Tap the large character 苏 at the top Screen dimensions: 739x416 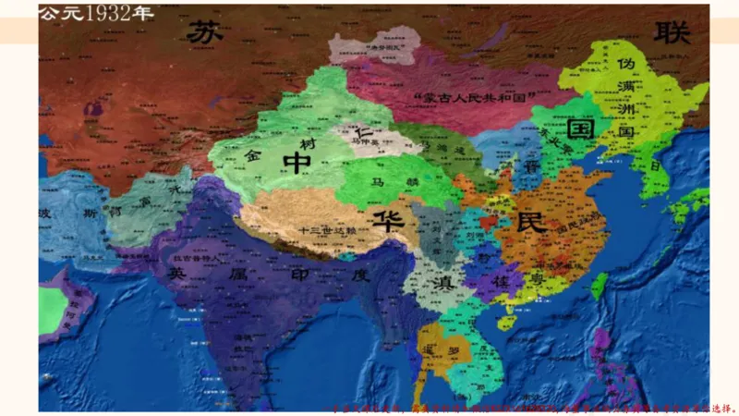206,32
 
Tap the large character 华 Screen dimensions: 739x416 382,219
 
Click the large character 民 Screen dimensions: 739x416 532,222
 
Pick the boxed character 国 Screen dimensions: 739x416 581,128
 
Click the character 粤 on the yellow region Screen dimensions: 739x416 535,278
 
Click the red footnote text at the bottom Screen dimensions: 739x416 532,406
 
